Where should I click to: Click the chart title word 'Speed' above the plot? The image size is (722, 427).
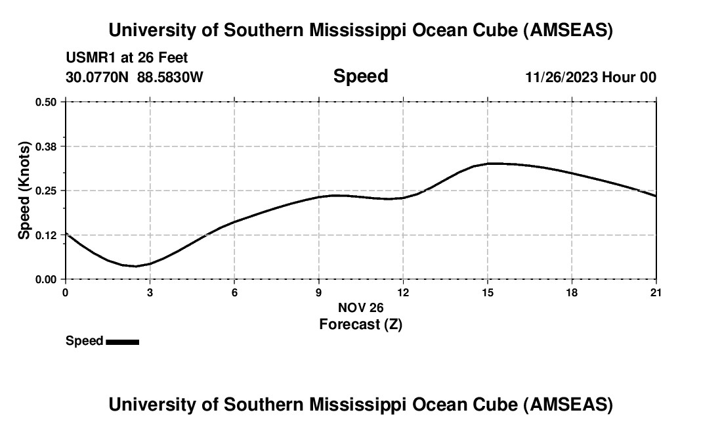(360, 76)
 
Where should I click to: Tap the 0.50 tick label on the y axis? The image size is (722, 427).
(45, 102)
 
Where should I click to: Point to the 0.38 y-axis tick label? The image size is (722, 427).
(45, 146)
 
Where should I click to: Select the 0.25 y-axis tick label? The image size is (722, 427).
(45, 191)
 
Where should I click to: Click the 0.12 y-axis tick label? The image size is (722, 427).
(45, 235)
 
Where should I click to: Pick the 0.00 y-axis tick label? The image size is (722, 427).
(45, 279)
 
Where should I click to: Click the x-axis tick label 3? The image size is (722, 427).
(150, 292)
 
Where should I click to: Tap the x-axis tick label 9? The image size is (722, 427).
(319, 292)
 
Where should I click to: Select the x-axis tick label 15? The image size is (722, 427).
(488, 292)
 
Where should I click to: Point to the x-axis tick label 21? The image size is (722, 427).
(656, 292)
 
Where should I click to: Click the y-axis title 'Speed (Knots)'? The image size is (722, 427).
(24, 191)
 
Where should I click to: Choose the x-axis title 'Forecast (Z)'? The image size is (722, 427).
(360, 324)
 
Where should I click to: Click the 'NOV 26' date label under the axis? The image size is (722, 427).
(360, 307)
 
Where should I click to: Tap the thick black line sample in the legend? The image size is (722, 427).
(122, 342)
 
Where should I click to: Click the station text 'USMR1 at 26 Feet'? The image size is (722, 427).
(127, 58)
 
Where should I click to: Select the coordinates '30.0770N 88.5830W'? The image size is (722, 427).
(135, 77)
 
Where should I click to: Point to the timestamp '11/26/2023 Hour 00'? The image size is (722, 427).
(591, 77)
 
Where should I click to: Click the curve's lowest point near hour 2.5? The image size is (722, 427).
(136, 266)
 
